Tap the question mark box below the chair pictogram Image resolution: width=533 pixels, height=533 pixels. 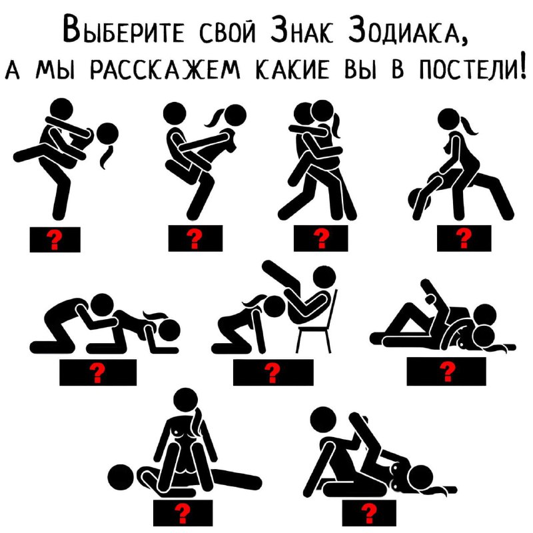(x=273, y=372)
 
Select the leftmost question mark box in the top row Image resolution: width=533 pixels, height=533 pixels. (x=55, y=239)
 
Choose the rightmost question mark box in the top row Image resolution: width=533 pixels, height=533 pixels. (x=464, y=239)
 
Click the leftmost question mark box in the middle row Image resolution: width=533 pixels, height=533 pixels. (x=98, y=372)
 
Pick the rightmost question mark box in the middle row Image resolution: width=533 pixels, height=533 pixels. (x=446, y=371)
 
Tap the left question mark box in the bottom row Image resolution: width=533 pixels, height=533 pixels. (x=183, y=513)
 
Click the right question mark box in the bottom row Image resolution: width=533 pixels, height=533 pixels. (x=369, y=513)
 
